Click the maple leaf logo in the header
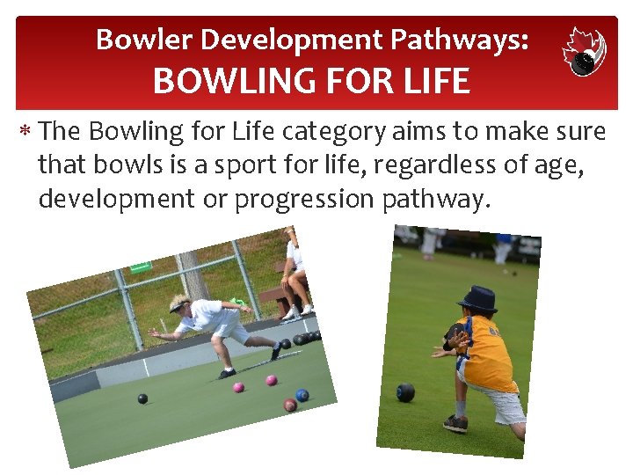tap(584, 51)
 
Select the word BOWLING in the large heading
tap(225, 82)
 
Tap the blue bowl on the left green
tap(302, 395)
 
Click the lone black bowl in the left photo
tap(142, 398)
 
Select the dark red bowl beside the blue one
tap(289, 405)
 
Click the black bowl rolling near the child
tap(405, 392)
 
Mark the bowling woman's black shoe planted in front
tap(226, 373)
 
